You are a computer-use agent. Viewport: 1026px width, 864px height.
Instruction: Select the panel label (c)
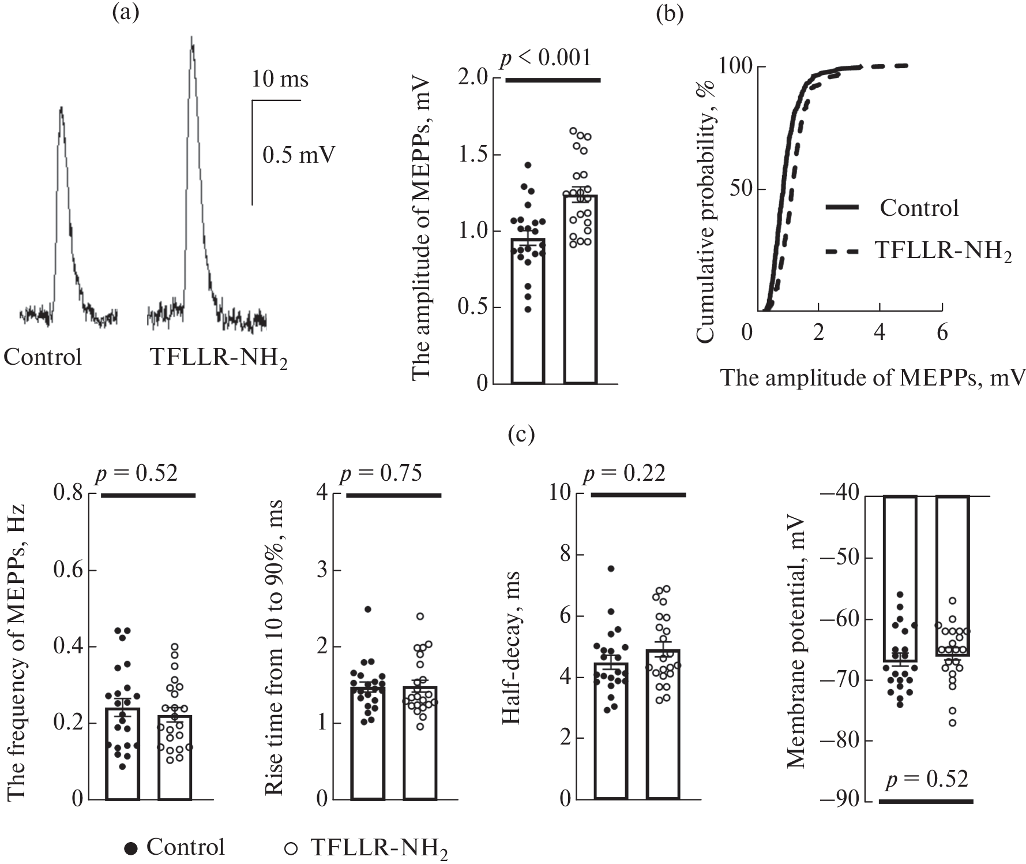[x=521, y=433]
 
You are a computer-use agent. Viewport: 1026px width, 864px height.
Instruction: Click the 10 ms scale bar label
[x=280, y=78]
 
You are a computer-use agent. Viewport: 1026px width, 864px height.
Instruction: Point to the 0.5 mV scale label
[x=299, y=155]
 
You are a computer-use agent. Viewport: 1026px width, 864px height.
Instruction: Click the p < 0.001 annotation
[x=545, y=58]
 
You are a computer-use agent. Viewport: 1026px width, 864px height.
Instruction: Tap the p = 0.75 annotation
[x=381, y=473]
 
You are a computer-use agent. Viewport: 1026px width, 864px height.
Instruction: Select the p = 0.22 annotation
[x=624, y=473]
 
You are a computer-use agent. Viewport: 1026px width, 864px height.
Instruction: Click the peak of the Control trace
[x=61, y=107]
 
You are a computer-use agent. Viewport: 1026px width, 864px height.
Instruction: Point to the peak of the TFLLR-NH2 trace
[x=191, y=38]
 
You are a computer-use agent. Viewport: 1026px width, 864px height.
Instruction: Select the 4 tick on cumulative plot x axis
[x=879, y=332]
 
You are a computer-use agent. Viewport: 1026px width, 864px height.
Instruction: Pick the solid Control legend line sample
[x=843, y=207]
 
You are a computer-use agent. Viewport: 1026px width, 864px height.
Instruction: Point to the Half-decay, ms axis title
[x=511, y=648]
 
